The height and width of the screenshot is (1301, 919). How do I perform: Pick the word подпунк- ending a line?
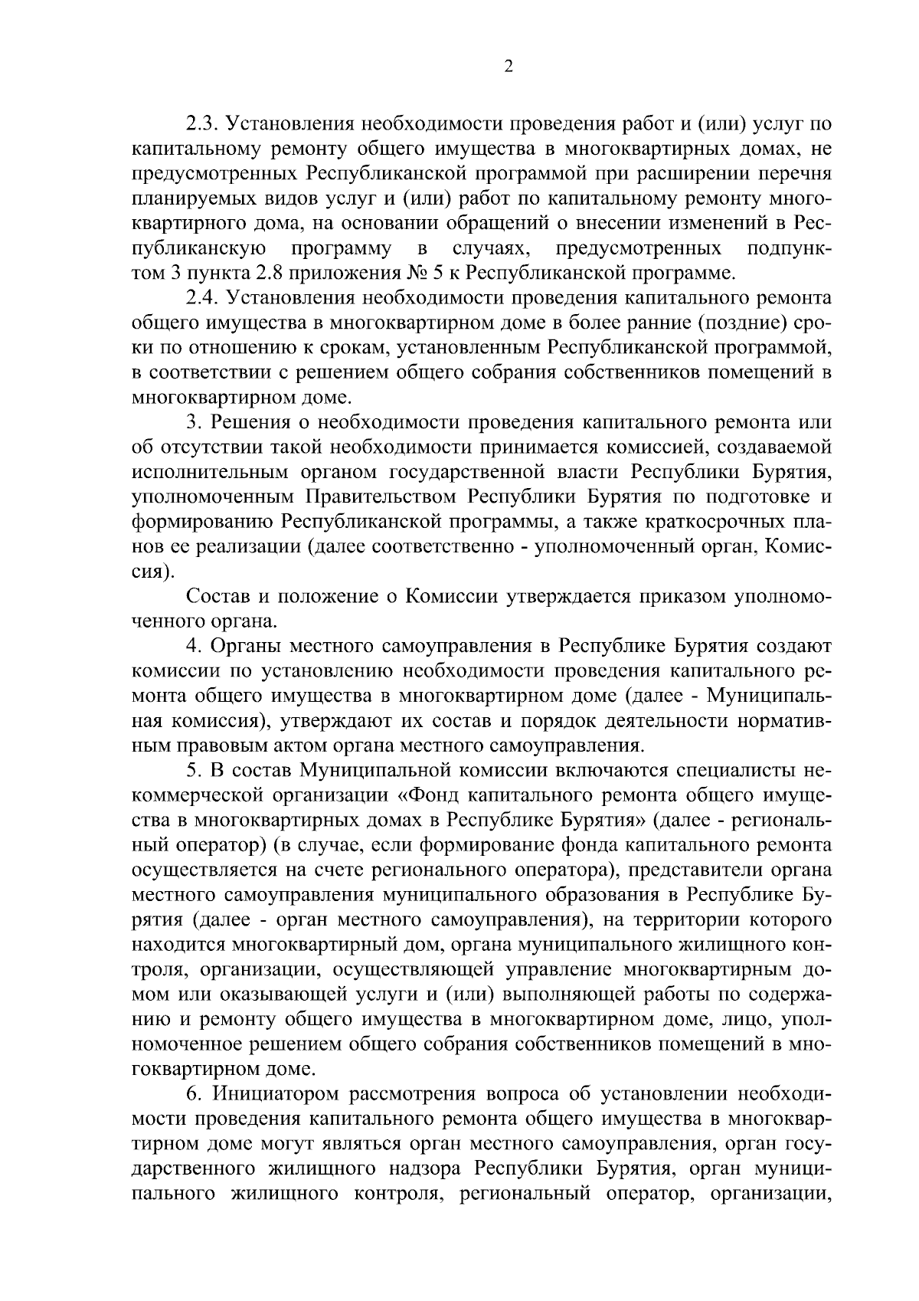(x=788, y=247)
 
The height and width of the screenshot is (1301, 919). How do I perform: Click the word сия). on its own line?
(x=153, y=572)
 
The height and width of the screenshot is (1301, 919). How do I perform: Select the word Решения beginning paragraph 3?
(x=243, y=422)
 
